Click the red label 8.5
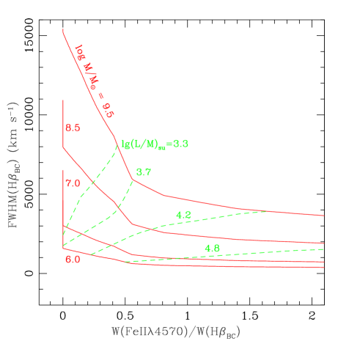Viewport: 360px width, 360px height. click(73, 128)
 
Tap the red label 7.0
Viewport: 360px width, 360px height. click(73, 183)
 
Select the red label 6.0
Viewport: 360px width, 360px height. click(73, 259)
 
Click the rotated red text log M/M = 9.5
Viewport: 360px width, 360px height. click(95, 81)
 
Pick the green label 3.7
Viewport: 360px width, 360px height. click(144, 172)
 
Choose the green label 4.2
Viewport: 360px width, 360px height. click(183, 214)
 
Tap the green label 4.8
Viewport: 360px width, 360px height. click(212, 248)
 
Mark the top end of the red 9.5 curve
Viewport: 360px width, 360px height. click(64, 29)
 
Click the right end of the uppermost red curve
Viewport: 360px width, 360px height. click(324, 216)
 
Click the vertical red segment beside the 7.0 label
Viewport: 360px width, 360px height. click(64, 198)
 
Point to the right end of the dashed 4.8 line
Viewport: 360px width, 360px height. click(324, 249)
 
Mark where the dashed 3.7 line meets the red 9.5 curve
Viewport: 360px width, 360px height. click(133, 179)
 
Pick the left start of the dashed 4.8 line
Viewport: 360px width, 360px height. click(126, 261)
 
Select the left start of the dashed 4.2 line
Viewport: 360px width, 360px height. click(89, 254)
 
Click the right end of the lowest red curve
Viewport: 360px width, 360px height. click(324, 268)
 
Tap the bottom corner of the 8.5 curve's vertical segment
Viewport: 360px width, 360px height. click(64, 148)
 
